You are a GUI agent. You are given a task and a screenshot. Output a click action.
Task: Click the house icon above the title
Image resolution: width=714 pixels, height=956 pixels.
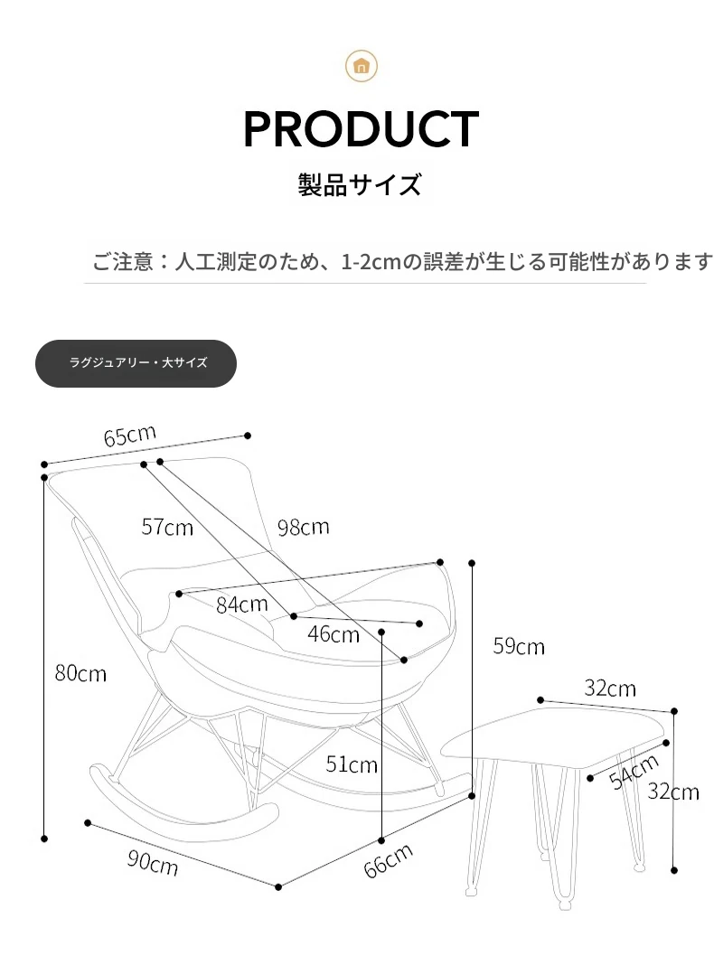coord(361,66)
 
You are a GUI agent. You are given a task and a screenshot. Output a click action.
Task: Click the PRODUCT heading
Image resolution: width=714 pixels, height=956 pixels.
coord(361,129)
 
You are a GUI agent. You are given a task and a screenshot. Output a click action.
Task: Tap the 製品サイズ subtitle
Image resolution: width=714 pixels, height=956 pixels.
coord(360,184)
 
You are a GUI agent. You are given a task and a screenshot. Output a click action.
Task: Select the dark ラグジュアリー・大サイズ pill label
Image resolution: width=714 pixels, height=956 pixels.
coord(136,363)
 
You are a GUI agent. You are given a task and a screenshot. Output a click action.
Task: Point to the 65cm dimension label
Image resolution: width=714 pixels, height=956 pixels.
coord(130,436)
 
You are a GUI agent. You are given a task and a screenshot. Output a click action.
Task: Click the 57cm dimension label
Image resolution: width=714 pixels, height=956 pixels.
coord(167,527)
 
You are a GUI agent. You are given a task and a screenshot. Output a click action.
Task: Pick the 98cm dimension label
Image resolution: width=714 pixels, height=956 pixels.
coord(303,527)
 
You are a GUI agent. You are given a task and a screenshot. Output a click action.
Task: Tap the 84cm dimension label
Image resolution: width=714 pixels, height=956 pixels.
coord(242,605)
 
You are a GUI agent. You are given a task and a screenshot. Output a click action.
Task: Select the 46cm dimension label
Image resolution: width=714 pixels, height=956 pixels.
coord(334,634)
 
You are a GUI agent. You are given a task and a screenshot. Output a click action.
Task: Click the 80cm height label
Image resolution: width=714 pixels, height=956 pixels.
coord(80,673)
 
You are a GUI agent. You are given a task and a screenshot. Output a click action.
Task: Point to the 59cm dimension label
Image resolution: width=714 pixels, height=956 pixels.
coord(519,646)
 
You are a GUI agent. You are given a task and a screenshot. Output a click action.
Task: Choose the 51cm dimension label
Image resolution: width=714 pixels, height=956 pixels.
coord(352,764)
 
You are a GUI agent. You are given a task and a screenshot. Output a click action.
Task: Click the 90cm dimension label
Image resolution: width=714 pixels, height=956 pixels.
coord(153,862)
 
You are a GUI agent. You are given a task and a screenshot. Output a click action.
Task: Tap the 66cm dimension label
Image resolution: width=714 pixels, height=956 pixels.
coord(389,861)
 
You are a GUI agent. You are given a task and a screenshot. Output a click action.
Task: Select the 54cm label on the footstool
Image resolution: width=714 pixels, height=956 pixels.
coord(634,772)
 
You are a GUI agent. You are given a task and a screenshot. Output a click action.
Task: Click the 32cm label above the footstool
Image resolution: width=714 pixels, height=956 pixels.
coord(610,689)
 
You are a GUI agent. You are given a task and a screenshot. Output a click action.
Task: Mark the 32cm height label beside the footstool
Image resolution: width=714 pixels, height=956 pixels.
coord(673,792)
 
